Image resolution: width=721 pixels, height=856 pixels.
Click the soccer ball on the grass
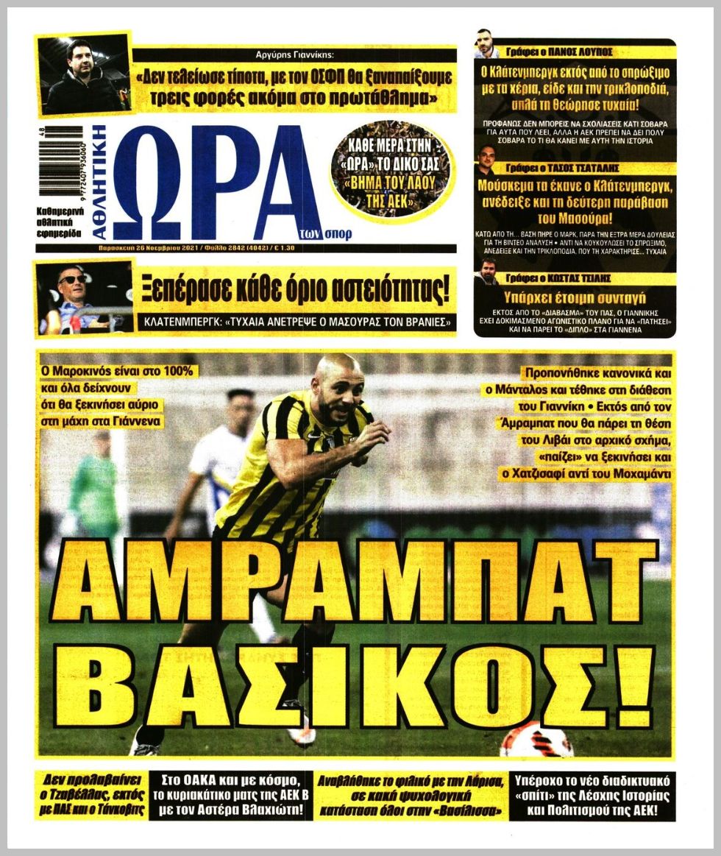pos(536,740)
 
